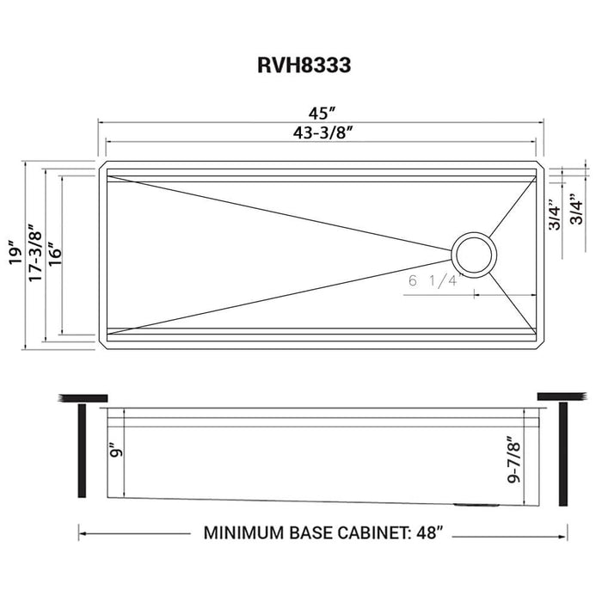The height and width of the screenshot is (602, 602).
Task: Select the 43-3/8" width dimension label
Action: tap(322, 132)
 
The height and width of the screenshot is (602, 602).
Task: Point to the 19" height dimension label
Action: tap(12, 254)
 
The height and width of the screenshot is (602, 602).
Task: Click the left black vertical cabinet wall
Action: tap(83, 451)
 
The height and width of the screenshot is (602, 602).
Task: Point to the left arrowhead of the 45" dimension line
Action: tap(97, 121)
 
